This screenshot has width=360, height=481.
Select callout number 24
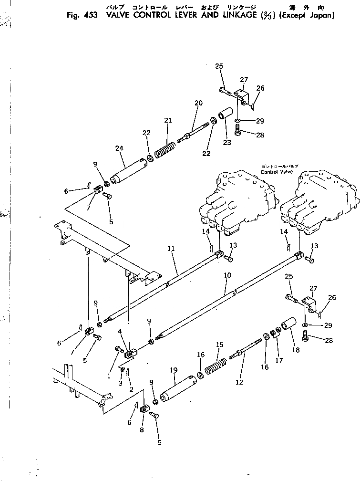pyautogui.click(x=119, y=148)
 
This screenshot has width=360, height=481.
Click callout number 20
pyautogui.click(x=198, y=103)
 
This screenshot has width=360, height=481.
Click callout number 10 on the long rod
pyautogui.click(x=227, y=275)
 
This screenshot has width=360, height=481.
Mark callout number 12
pyautogui.click(x=239, y=382)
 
